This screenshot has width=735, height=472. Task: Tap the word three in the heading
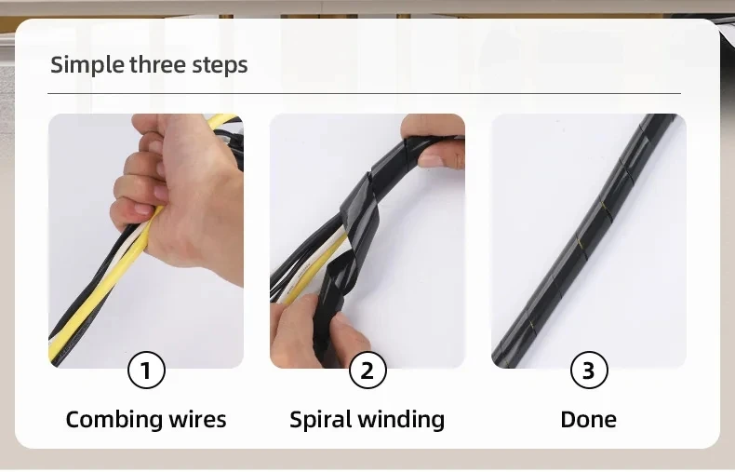coord(158,64)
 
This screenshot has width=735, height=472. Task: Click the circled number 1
coord(146,371)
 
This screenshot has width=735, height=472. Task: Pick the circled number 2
coord(367,371)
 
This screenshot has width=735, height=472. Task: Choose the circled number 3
coord(589,371)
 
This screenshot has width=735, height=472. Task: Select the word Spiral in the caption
coord(322,420)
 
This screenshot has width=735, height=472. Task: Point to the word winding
coord(403,420)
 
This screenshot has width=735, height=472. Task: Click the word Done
coord(588,420)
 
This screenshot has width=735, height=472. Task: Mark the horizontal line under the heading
coord(364,93)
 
